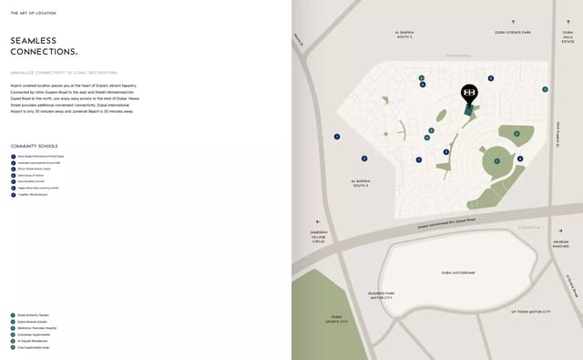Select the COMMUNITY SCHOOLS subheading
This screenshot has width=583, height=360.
tap(34, 146)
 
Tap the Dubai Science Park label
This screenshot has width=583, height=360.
tap(512, 33)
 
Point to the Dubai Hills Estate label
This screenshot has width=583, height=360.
tap(568, 37)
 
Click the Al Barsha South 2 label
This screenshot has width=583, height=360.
tap(404, 35)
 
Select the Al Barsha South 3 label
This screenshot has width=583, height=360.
tap(360, 183)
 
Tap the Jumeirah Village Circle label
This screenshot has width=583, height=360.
tap(318, 236)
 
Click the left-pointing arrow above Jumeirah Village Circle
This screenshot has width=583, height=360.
tap(318, 221)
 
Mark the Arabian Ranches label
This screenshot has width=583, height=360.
tap(560, 244)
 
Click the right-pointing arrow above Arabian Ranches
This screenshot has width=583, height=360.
tap(560, 231)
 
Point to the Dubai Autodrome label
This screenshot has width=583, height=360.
tap(457, 273)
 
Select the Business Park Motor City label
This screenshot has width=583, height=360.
tap(381, 295)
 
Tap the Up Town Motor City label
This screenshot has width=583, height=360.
tap(530, 312)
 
